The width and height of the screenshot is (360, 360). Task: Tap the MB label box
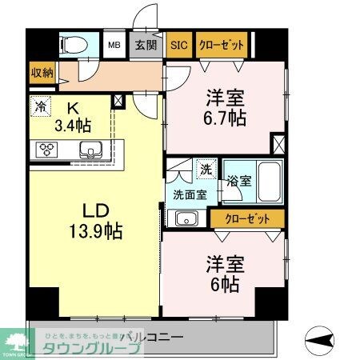tap(115, 45)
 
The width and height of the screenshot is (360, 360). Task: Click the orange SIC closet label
tap(178, 45)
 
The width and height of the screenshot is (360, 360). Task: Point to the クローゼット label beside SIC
tap(220, 45)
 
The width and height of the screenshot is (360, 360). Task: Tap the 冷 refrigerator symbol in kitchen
tap(40, 105)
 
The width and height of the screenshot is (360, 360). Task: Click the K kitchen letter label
tap(71, 107)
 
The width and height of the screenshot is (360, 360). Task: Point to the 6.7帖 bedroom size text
tap(224, 118)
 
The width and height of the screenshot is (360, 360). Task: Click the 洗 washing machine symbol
tap(206, 170)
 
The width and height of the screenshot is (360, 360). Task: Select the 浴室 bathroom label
tap(236, 180)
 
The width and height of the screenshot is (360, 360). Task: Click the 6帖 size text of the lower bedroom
tap(224, 284)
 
